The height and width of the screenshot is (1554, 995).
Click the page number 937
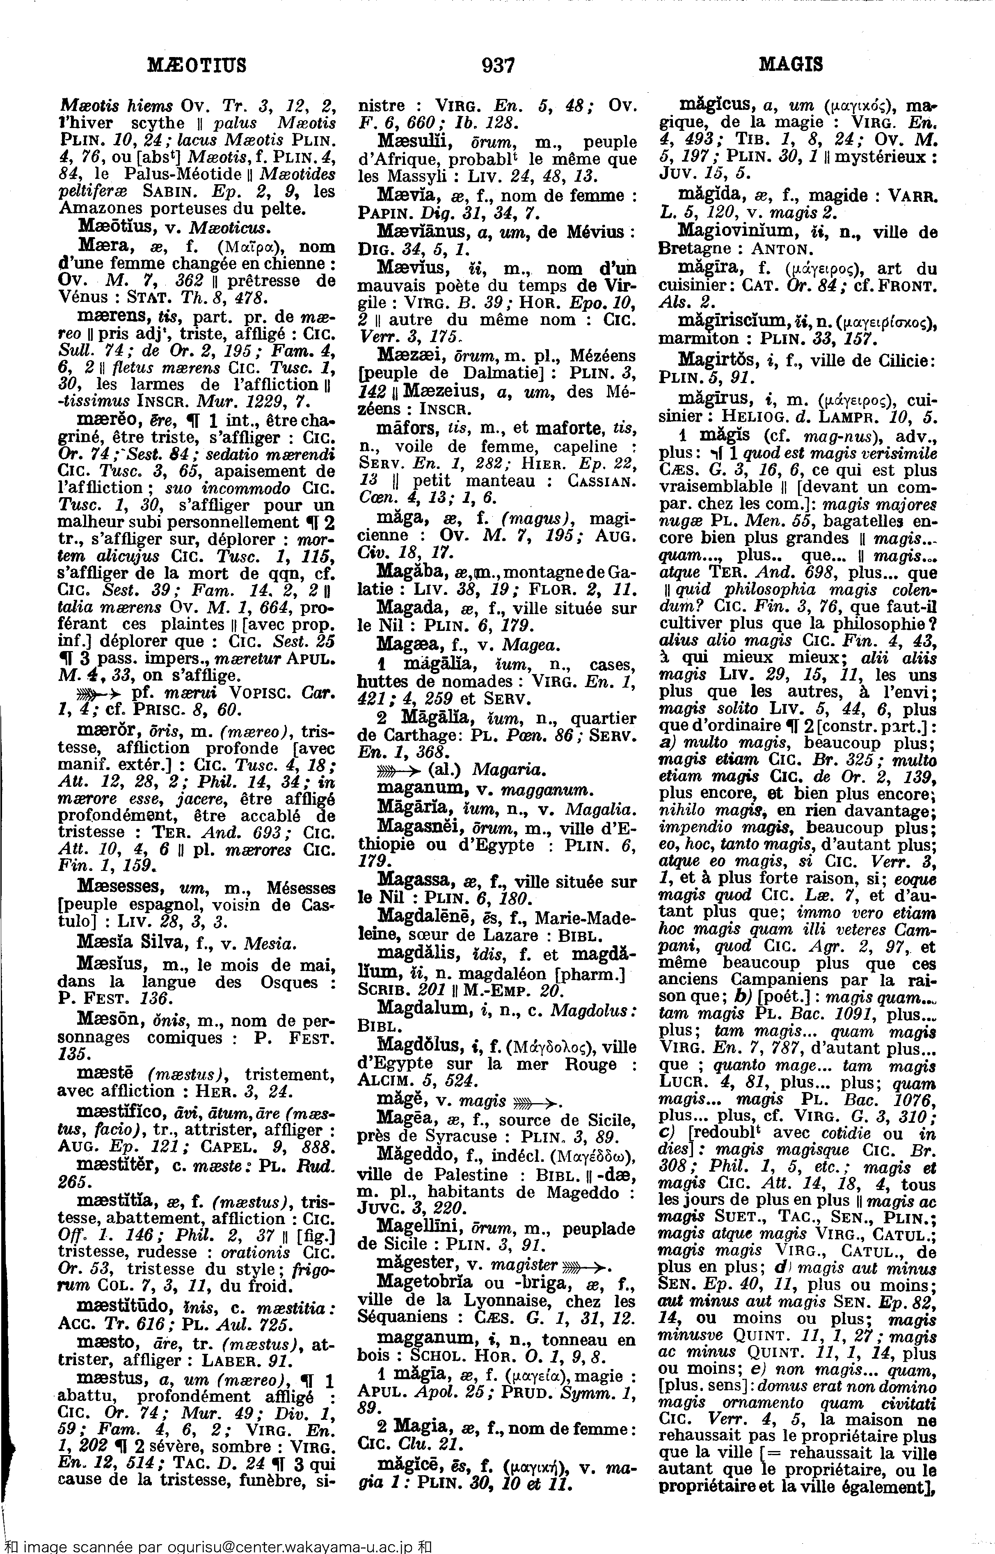pyautogui.click(x=497, y=65)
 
